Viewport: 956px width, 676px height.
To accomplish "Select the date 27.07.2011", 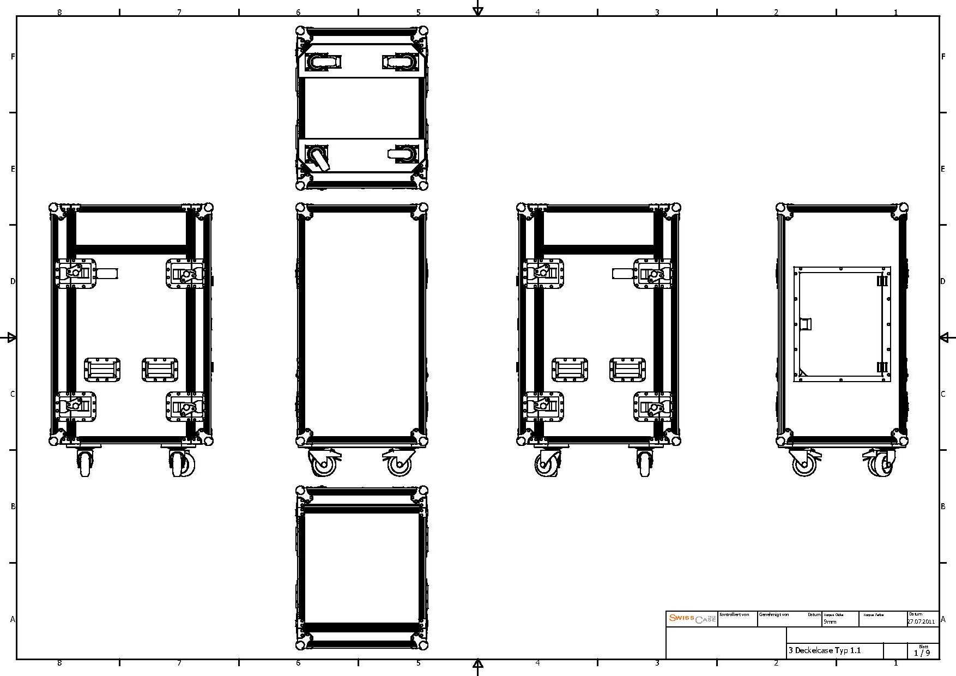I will pos(921,621).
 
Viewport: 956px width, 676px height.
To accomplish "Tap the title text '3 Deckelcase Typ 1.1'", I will pos(825,650).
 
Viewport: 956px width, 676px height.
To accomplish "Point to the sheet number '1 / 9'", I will pos(922,653).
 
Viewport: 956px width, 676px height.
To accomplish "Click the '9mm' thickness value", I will pos(830,621).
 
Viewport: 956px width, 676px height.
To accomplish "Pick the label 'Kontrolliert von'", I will pos(734,614).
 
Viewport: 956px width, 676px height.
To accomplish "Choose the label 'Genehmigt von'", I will pos(774,614).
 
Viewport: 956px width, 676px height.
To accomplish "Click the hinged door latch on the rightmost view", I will pos(805,324).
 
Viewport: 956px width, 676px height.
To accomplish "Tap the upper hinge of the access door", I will pos(882,281).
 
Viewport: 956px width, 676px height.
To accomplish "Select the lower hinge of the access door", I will pos(882,367).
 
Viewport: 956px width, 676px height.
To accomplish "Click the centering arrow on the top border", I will pos(478,9).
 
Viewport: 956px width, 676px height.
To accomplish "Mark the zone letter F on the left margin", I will pos(13,56).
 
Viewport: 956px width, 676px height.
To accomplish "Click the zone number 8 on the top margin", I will pos(59,12).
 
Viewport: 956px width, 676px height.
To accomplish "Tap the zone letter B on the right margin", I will pos(943,506).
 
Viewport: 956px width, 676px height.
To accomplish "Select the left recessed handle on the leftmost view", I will pos(102,370).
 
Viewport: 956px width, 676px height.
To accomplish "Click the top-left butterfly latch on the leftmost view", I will pos(76,273).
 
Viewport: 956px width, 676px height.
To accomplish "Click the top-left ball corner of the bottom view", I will pos(300,492).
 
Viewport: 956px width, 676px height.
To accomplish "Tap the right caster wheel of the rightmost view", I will pos(880,464).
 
